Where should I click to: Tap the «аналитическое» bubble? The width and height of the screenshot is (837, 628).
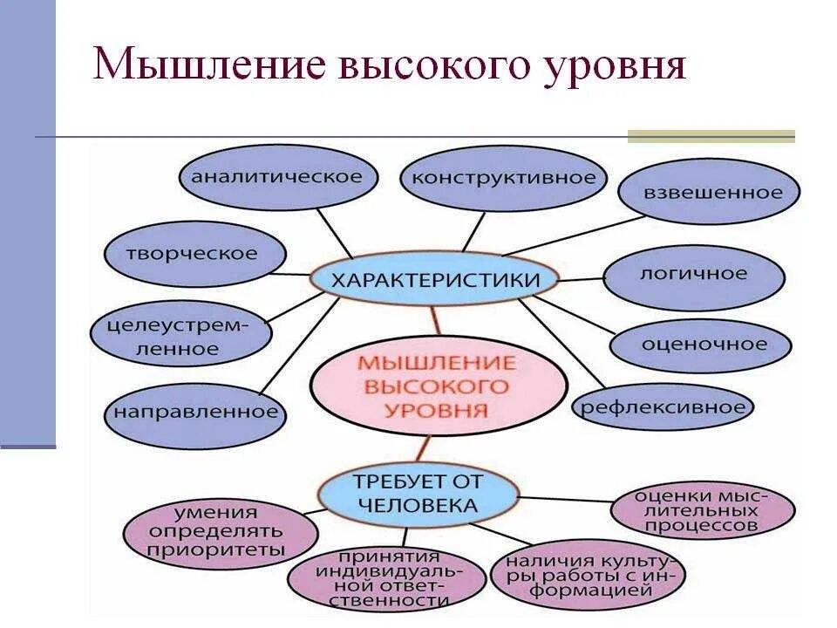click(276, 178)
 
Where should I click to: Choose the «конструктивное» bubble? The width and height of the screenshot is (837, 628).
click(503, 179)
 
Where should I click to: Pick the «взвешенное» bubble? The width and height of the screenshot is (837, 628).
click(709, 193)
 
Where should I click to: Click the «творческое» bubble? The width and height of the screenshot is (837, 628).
click(194, 255)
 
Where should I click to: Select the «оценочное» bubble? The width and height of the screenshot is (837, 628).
click(704, 345)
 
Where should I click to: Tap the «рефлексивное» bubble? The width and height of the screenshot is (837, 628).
click(663, 407)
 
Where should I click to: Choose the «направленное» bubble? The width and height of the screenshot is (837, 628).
click(195, 412)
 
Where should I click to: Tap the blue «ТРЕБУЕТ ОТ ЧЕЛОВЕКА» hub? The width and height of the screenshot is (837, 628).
click(417, 494)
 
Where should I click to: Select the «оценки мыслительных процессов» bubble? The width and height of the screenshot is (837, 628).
click(703, 511)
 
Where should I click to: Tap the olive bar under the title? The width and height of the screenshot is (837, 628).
click(711, 136)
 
